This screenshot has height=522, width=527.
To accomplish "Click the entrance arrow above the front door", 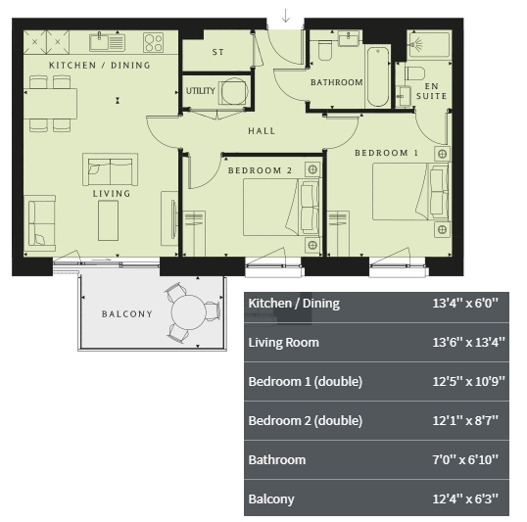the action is [286, 16].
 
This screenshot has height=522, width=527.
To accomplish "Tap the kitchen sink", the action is [107, 42].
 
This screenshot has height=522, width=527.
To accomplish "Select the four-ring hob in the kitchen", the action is [153, 42].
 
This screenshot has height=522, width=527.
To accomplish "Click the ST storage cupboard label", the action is [217, 52].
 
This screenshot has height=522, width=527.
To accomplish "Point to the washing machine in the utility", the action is [233, 91].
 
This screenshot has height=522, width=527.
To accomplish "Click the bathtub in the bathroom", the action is [378, 76].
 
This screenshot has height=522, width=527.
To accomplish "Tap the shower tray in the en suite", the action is [429, 45].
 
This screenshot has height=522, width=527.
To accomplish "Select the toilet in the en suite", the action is [415, 72].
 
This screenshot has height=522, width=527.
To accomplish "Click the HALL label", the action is [262, 131].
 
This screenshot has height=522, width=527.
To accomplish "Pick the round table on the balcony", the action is [188, 312].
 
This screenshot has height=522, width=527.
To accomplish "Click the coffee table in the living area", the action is [108, 220].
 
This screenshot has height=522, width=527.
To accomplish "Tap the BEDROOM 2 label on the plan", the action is [261, 170].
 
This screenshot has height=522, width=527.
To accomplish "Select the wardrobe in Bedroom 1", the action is [339, 234].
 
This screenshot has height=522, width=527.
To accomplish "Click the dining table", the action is [50, 104].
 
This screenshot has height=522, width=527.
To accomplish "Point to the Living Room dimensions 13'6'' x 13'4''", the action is [468, 342].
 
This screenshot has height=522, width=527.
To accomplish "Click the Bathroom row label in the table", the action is [277, 459].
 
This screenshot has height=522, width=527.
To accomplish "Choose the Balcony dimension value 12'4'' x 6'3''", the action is [465, 498].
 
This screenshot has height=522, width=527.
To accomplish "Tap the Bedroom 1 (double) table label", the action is [306, 382].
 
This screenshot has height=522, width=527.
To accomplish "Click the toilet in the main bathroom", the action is [324, 51].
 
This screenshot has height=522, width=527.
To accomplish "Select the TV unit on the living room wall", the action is [169, 218].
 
